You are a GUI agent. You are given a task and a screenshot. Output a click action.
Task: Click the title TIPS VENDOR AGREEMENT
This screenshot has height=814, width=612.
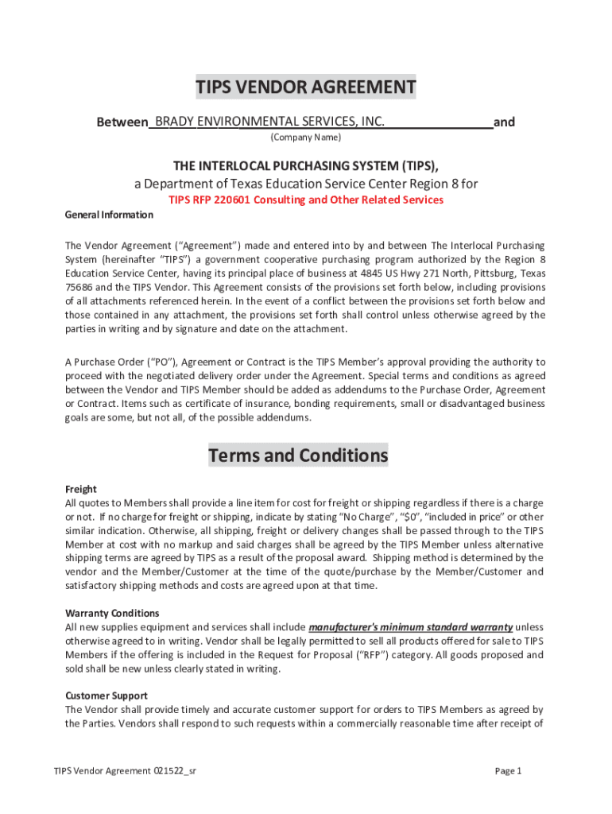click(x=306, y=87)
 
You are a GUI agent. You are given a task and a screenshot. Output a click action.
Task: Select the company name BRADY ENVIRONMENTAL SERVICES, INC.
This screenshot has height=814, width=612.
click(x=269, y=122)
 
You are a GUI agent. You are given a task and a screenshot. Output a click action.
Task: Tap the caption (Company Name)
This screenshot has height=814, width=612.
click(x=305, y=138)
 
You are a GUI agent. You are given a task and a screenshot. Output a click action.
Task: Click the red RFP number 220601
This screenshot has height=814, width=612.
click(x=228, y=200)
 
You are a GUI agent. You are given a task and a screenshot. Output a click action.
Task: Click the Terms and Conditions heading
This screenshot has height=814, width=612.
click(x=298, y=455)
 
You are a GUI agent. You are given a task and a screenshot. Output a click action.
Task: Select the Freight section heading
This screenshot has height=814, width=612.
click(x=80, y=489)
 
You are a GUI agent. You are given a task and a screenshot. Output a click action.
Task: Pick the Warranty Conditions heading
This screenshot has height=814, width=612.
click(x=112, y=613)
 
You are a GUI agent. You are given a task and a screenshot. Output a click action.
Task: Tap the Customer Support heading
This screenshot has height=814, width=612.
click(x=107, y=696)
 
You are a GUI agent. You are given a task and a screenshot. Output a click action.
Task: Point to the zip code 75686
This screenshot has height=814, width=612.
click(x=79, y=288)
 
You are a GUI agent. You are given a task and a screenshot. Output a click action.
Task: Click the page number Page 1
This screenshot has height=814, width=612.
click(x=507, y=771)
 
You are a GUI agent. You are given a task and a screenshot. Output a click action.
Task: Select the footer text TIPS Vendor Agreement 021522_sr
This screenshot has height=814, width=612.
click(x=125, y=771)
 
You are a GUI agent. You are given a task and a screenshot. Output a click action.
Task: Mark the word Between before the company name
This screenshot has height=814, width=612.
click(x=122, y=122)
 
